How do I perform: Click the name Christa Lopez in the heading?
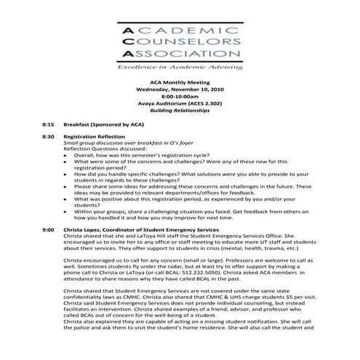pyautogui.click(x=84, y=229)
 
